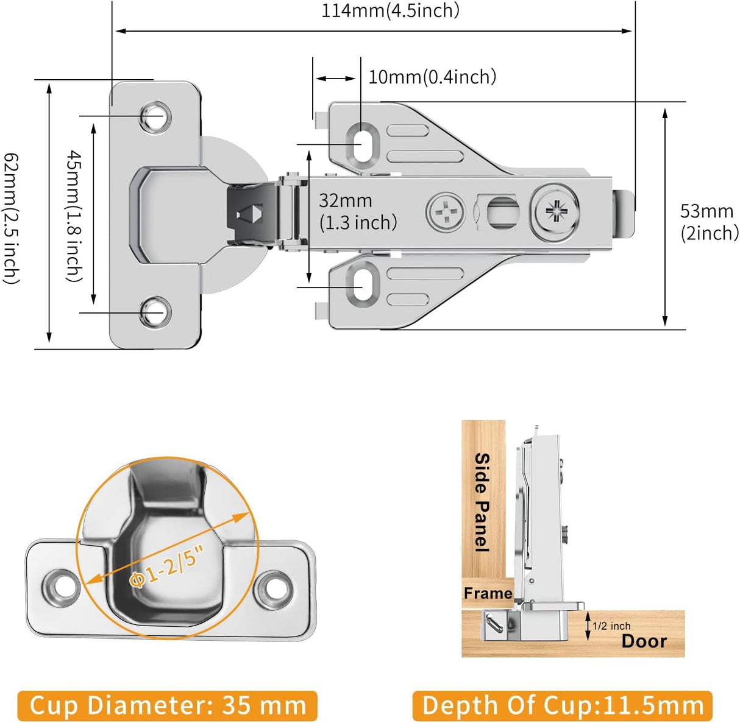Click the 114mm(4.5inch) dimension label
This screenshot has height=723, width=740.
[390, 10]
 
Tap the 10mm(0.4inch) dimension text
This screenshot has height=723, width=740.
[432, 77]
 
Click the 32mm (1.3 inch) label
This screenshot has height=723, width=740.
[357, 211]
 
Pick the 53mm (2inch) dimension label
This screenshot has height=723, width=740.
[709, 222]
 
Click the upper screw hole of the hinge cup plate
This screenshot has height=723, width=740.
[154, 116]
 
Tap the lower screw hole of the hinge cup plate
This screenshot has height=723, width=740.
[154, 312]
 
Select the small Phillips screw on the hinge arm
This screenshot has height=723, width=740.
[446, 213]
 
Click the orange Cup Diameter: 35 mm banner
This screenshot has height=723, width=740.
[167, 706]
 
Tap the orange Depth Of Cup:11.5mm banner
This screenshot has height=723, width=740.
[562, 706]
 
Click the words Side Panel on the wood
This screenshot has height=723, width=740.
[482, 502]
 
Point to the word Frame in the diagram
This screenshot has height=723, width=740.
[488, 593]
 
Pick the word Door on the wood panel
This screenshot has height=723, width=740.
[644, 641]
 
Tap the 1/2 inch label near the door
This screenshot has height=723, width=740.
[611, 626]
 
